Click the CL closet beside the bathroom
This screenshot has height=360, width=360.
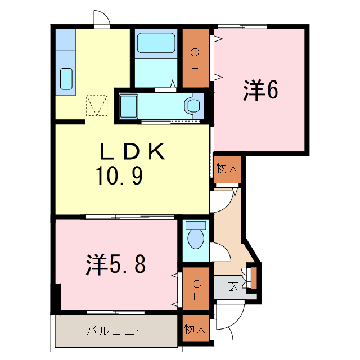click(x=195, y=58)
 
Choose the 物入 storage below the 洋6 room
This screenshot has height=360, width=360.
click(x=227, y=168)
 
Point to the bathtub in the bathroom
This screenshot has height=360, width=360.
click(x=155, y=43)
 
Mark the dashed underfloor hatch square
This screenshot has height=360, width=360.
click(x=97, y=105)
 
